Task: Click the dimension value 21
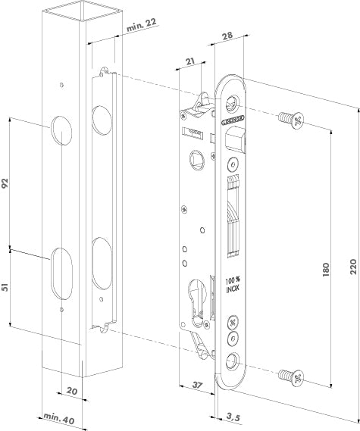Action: [189, 63]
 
